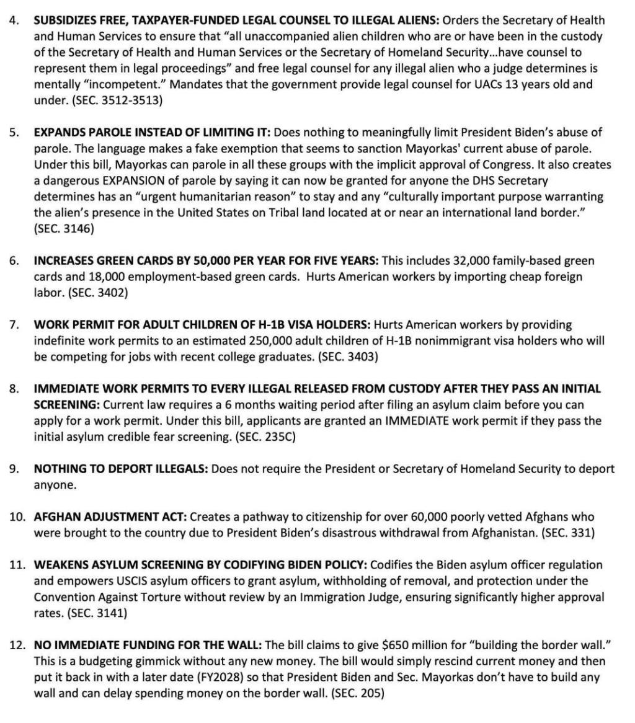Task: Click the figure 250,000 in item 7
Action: coord(270,340)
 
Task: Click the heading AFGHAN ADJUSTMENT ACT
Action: coord(110,517)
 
